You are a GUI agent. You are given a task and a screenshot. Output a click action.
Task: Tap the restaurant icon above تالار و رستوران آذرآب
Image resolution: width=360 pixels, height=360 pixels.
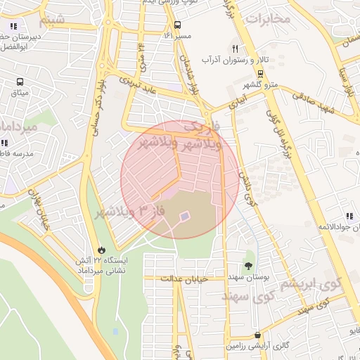coord(235,49)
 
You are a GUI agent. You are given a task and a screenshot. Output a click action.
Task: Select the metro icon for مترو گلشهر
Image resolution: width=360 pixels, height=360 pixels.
coord(261,73)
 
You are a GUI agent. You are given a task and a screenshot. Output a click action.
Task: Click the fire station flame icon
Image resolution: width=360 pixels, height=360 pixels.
coord(103,249)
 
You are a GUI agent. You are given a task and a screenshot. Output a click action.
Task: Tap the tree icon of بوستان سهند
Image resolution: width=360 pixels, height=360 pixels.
coord(248,265)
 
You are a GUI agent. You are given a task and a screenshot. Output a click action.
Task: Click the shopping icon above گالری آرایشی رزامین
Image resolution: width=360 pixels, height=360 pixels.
coord(257,335)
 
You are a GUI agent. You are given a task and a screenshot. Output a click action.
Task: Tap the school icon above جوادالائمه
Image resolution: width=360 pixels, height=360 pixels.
coord(348,217)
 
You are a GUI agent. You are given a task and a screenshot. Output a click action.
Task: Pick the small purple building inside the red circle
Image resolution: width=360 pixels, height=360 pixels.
coord(184,217)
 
